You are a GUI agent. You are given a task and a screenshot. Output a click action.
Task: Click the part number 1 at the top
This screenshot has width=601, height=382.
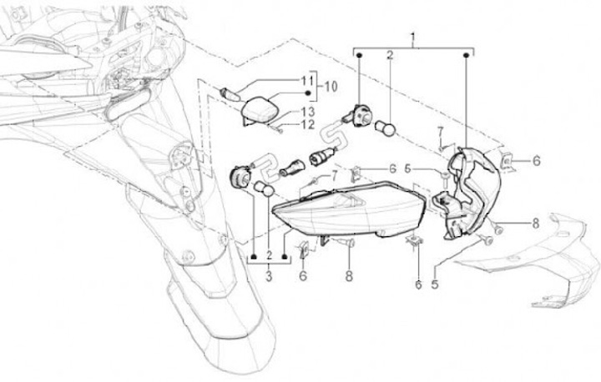pyautogui.click(x=412, y=38)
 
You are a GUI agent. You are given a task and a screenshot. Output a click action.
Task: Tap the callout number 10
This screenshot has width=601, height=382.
pyautogui.click(x=331, y=86)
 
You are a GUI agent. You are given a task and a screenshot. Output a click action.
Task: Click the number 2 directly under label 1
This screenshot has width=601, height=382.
pyautogui.click(x=389, y=56)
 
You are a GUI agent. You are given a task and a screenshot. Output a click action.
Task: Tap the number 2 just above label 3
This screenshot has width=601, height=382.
pyautogui.click(x=269, y=254)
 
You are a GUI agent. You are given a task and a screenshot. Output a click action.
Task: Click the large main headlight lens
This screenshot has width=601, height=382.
pyautogui.click(x=351, y=213)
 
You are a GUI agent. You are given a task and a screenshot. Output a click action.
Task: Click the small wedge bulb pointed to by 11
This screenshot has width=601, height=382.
pyautogui.click(x=230, y=91)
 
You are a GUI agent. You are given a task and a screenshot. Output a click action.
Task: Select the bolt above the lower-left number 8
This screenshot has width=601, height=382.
pyautogui.click(x=346, y=243)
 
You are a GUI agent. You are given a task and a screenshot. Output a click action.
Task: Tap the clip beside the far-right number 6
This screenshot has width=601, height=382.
pyautogui.click(x=507, y=159)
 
